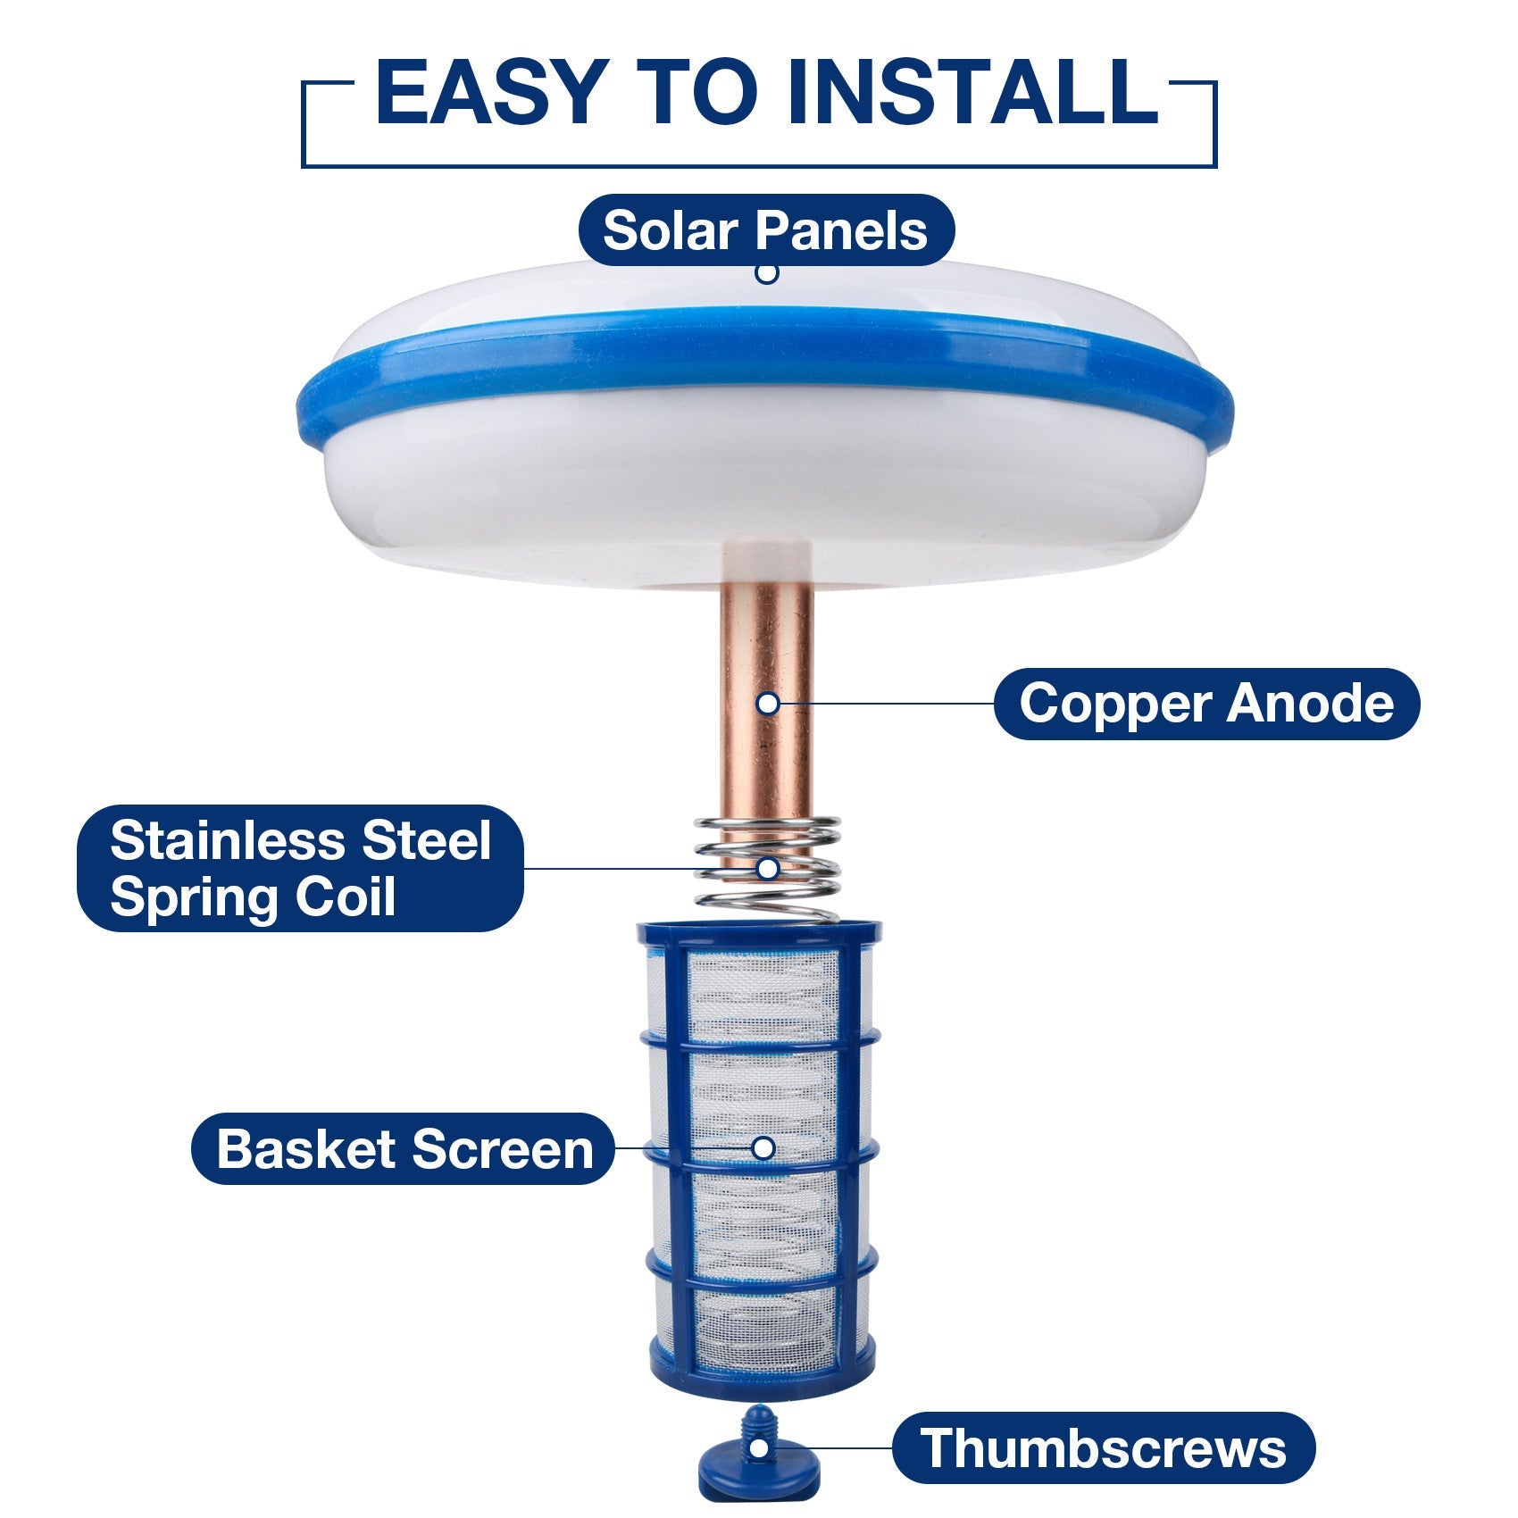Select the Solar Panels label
click(x=766, y=230)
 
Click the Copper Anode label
click(x=1205, y=704)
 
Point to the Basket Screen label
click(x=404, y=1148)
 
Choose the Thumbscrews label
click(x=1103, y=1447)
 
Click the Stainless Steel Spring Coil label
click(x=300, y=868)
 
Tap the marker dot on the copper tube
click(x=767, y=704)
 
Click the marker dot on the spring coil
click(x=767, y=868)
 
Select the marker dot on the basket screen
click(x=763, y=1148)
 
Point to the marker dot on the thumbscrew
click(x=758, y=1447)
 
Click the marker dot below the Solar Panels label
click(x=766, y=272)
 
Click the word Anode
click(x=1309, y=704)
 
